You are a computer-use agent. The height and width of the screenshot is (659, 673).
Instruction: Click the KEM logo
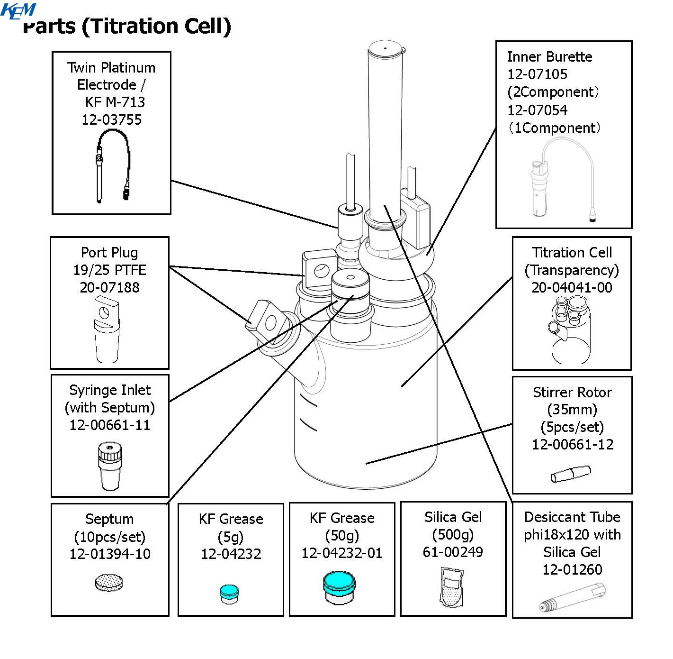(18, 10)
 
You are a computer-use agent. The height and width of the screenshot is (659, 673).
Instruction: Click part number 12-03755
(111, 119)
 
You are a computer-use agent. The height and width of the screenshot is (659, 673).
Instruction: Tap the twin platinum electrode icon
(112, 166)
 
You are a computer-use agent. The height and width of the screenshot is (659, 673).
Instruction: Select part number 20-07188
(109, 287)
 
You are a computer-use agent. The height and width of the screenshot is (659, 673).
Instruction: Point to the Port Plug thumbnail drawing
(108, 329)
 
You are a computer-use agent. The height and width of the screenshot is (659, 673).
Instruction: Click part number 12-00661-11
(109, 425)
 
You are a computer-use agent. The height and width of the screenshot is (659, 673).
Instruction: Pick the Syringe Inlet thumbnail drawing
(109, 466)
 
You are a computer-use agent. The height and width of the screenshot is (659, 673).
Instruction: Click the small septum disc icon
(108, 583)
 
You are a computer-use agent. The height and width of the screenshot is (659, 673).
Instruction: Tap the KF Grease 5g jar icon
(229, 594)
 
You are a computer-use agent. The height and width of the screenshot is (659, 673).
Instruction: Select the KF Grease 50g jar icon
(339, 588)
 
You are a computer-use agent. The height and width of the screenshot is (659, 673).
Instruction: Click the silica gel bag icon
(451, 587)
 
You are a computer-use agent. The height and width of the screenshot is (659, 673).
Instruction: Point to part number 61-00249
(453, 552)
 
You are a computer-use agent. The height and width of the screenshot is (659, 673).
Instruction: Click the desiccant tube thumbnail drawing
(572, 597)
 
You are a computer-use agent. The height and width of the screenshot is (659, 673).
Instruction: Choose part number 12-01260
(572, 569)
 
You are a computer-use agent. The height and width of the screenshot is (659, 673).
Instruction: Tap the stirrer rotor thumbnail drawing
(571, 474)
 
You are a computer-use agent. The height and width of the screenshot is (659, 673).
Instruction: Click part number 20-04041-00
(572, 287)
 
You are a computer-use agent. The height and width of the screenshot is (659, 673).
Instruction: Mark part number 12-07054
(537, 110)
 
